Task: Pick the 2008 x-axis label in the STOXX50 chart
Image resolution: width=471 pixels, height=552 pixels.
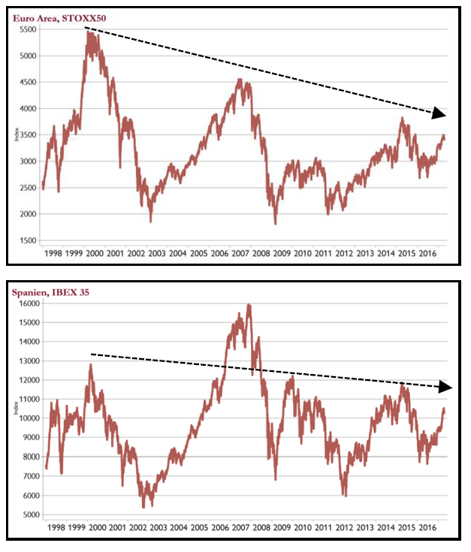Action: pos(261,255)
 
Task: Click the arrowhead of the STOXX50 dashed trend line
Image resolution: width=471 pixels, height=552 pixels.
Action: pos(439,113)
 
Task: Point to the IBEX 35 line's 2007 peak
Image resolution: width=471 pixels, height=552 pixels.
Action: pos(249,305)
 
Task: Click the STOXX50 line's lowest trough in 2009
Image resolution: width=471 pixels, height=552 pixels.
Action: pos(276,223)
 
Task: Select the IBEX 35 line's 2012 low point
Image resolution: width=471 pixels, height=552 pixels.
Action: pos(345,496)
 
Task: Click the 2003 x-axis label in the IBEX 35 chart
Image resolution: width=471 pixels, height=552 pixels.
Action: pos(158,529)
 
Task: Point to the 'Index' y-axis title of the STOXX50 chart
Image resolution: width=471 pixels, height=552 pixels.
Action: pos(17,135)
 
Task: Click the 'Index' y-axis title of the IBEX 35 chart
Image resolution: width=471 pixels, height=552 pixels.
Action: pos(17,409)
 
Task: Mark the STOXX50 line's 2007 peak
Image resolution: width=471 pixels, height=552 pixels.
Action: pos(239,80)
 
